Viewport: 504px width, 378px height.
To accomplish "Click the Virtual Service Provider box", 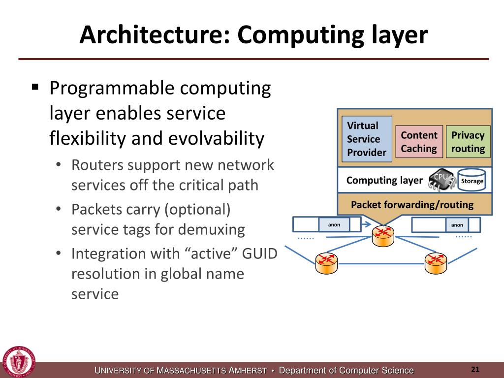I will [367, 139].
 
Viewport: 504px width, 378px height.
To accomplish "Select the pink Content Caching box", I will [419, 142].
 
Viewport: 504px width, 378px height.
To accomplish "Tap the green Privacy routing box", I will [468, 142].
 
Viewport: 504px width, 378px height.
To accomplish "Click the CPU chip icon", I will [441, 180].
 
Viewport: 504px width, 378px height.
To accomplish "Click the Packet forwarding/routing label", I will [412, 205].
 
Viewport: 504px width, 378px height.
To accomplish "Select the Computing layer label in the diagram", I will [384, 181].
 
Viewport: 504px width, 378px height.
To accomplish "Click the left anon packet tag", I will [334, 225].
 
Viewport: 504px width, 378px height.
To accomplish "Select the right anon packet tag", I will [457, 225].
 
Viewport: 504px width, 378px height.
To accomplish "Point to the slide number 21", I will [475, 370].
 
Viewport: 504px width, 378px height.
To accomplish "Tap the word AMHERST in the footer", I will [249, 371].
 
